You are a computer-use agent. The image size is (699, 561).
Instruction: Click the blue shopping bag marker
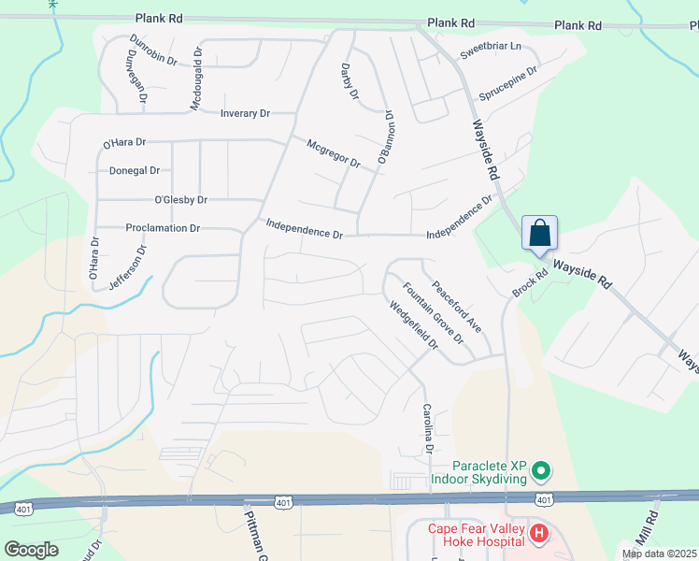[541, 233]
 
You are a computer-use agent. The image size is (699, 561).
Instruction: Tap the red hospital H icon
[538, 534]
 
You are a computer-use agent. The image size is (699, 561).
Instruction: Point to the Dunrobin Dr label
[153, 50]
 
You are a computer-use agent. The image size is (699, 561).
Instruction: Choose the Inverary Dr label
[244, 113]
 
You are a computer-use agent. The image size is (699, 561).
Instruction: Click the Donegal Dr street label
[135, 171]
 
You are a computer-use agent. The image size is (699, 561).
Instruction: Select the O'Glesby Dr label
[180, 199]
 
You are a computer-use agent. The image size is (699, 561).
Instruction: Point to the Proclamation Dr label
[163, 227]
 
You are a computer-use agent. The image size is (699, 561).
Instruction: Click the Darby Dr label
[349, 81]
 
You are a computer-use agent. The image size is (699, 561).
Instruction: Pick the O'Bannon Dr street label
[385, 139]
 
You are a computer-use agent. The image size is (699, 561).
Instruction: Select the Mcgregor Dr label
[334, 152]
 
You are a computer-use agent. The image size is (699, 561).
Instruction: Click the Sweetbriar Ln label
[491, 50]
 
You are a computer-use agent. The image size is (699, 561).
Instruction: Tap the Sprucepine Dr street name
[508, 84]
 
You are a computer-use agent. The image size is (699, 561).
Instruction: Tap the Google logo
[33, 549]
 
